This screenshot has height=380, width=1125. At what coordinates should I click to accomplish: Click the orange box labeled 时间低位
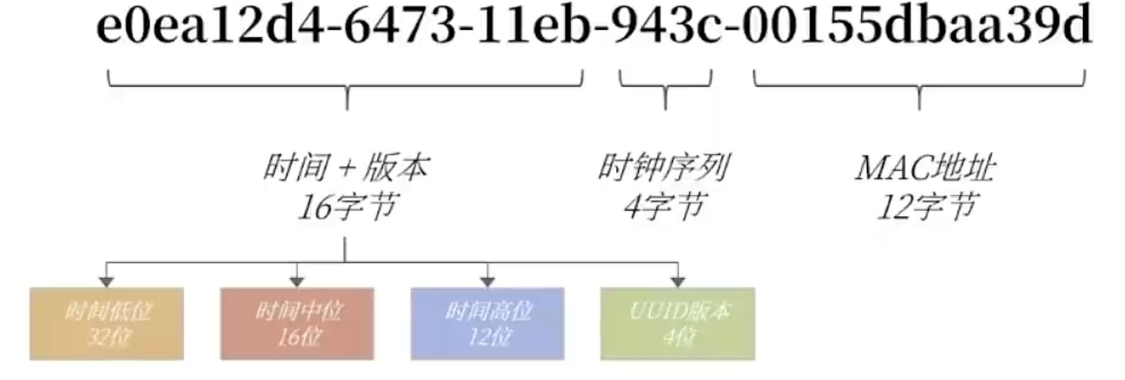[107, 324]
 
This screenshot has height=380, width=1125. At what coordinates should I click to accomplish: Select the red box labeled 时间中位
[297, 324]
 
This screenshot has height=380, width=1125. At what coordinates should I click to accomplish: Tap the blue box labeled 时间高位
[487, 324]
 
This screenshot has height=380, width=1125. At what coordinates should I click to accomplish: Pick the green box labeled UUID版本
[677, 324]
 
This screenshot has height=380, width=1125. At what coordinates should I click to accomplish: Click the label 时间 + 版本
[346, 168]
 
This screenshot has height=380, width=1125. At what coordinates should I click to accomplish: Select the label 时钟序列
[664, 168]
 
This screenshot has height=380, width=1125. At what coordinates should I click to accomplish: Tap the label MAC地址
[924, 168]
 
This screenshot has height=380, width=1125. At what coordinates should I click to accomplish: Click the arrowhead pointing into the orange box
[107, 282]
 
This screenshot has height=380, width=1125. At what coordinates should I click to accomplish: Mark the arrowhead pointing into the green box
[678, 282]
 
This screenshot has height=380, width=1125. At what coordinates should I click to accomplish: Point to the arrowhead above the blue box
[488, 282]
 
